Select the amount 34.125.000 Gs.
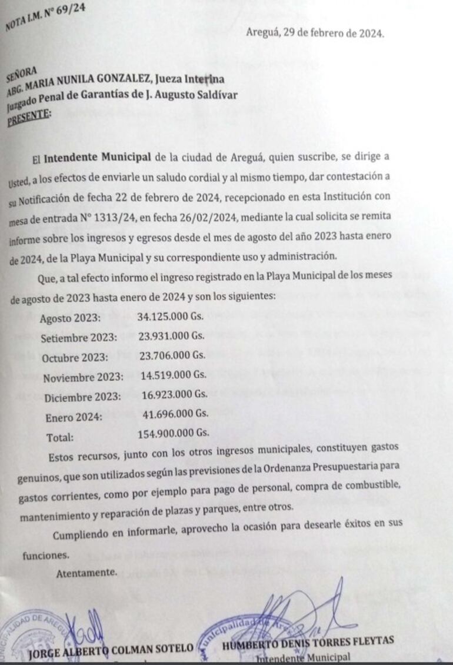pos(170,316)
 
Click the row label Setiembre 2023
pos(79,338)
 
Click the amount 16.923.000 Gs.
pos(174,394)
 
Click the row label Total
pos(60,438)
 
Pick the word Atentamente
pos(86,571)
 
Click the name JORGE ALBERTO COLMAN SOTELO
pos(111,649)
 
